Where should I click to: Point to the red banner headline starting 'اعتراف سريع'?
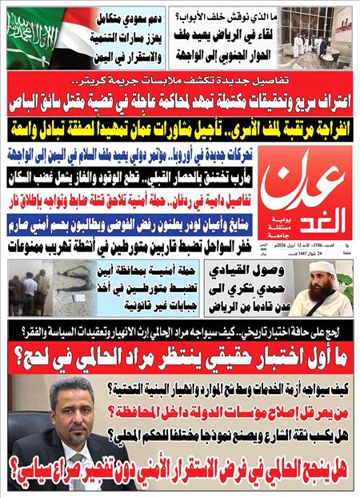(x=180, y=99)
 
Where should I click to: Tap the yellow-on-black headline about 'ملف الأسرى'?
(x=180, y=127)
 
